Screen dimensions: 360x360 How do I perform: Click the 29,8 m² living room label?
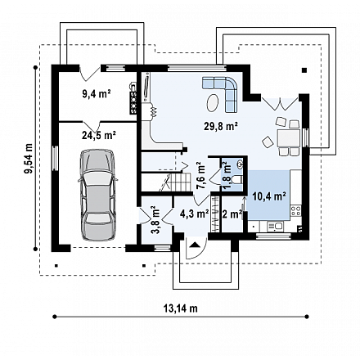[x=221, y=126]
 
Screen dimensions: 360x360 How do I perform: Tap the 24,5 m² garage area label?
[x=99, y=135]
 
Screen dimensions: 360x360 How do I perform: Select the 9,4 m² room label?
[x=97, y=94]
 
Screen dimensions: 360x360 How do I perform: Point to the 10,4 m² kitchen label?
[x=269, y=196]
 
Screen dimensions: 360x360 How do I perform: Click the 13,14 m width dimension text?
[x=181, y=308]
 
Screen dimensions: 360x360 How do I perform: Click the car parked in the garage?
[x=98, y=195]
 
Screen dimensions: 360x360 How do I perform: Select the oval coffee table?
[x=213, y=102]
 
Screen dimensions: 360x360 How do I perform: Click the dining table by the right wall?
[x=288, y=138]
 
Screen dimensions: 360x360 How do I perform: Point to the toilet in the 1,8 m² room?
[x=236, y=180]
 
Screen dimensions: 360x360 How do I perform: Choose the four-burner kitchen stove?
[x=296, y=211]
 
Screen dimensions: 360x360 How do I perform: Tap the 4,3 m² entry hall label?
[x=195, y=214]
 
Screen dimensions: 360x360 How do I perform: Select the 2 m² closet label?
[x=232, y=214]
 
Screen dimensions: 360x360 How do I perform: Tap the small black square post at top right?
[x=304, y=70]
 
